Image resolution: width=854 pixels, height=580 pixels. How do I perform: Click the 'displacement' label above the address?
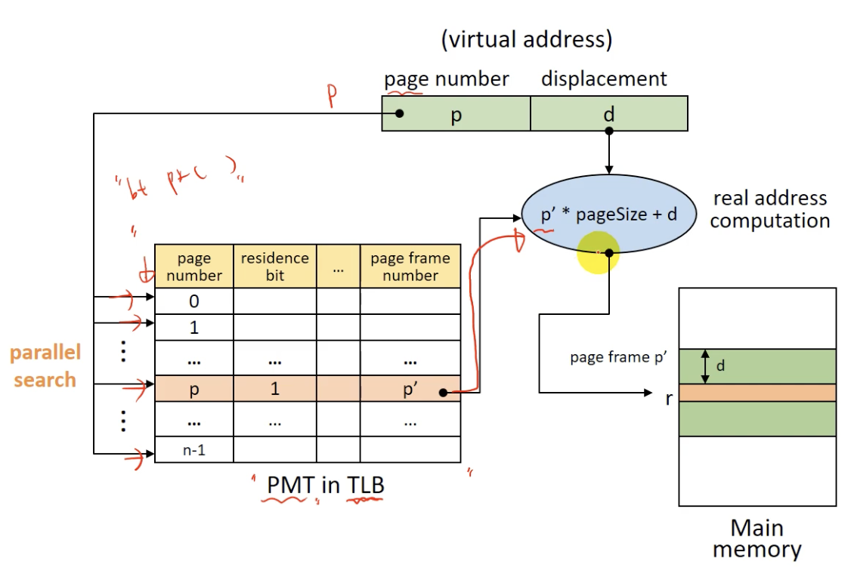[604, 79]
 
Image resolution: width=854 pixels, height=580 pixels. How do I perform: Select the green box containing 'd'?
[609, 114]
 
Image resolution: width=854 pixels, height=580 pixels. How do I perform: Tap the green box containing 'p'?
[456, 114]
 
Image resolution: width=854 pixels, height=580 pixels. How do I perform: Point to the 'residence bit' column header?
[274, 267]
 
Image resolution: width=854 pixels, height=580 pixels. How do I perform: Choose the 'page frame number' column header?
[410, 267]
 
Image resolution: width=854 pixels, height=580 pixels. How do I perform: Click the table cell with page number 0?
[194, 301]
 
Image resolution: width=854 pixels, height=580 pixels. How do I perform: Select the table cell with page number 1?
[194, 328]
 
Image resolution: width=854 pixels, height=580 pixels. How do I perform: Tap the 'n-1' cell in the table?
[194, 450]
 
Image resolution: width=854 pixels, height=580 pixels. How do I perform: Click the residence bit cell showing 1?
[274, 389]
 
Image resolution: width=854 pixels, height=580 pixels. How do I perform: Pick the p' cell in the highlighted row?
[410, 389]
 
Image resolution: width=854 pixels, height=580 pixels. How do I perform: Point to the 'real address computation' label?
[769, 210]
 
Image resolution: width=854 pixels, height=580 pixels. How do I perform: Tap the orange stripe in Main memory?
[757, 393]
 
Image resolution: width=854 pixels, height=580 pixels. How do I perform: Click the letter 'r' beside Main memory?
[668, 398]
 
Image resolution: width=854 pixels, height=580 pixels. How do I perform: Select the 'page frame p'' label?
[617, 357]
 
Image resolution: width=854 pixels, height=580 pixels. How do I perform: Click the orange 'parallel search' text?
[45, 366]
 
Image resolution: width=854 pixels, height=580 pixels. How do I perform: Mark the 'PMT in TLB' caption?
[325, 485]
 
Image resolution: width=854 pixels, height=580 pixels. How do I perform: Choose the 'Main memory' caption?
[757, 538]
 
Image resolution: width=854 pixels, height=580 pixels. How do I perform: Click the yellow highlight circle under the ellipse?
[599, 253]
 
